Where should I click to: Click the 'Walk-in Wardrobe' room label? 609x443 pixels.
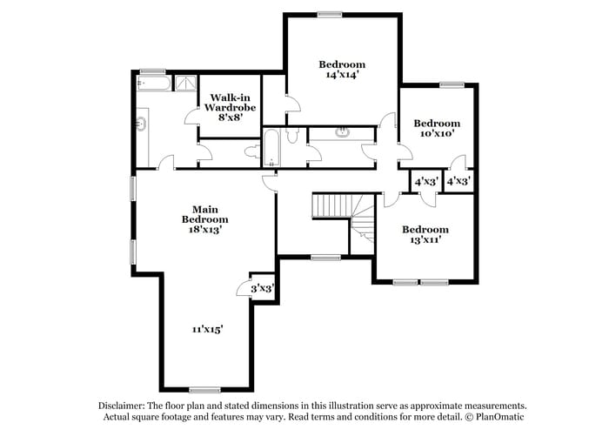click(x=229, y=103)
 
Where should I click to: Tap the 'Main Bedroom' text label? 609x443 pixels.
click(x=204, y=214)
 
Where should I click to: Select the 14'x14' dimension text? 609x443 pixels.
click(x=341, y=76)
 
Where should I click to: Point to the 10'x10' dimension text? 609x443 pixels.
click(x=436, y=134)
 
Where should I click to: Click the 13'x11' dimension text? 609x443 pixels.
click(x=425, y=240)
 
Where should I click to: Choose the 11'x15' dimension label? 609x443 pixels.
click(x=208, y=329)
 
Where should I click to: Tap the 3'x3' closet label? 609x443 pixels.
click(x=262, y=288)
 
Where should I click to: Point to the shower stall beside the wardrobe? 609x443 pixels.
click(x=186, y=84)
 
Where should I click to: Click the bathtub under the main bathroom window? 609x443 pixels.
click(x=154, y=84)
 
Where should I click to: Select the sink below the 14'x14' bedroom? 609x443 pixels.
click(x=342, y=133)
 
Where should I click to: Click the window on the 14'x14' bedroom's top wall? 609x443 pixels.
click(x=329, y=13)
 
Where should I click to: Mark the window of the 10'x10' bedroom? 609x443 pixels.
click(x=452, y=84)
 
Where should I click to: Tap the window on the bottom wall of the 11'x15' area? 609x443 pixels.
click(x=204, y=389)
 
